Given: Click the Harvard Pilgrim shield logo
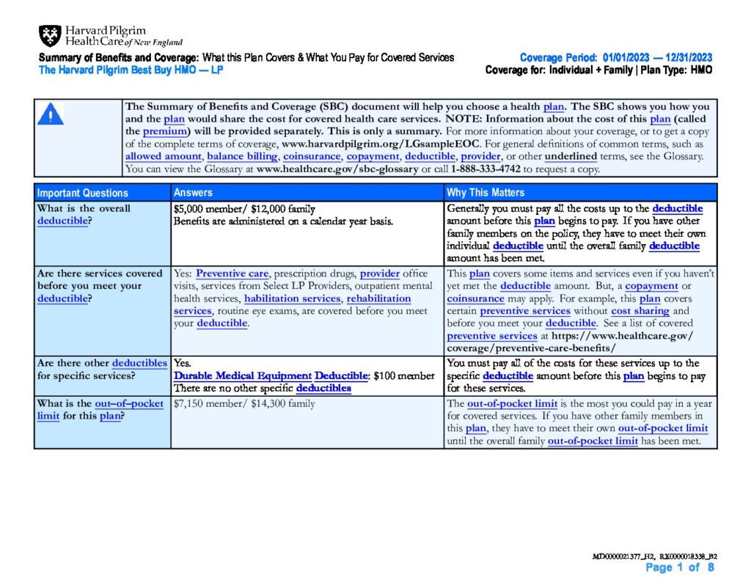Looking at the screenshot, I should [x=51, y=35].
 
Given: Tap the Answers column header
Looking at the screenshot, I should [x=193, y=193].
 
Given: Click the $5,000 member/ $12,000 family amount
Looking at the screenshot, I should [x=244, y=209].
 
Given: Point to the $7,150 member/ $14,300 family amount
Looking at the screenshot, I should [x=244, y=403].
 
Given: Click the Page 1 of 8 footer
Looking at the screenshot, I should [x=679, y=568].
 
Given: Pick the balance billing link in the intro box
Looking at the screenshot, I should [x=242, y=156].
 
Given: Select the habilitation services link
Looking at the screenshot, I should [x=292, y=298].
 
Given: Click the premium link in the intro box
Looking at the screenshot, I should [x=160, y=131].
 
